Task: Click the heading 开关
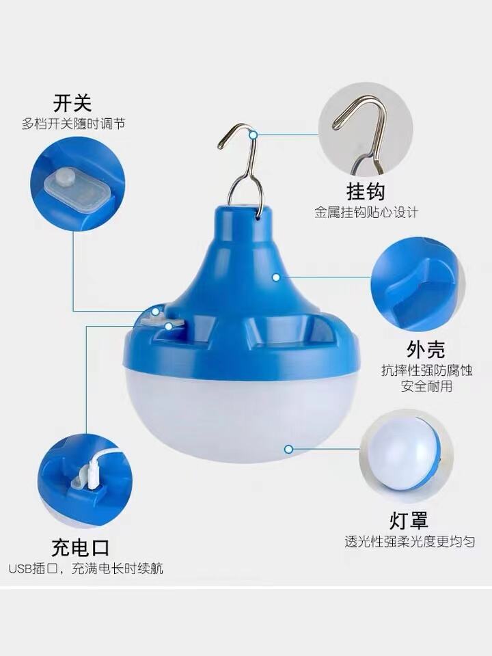[72, 103]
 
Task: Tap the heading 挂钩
[365, 191]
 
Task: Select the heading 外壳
[426, 349]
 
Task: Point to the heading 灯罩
[409, 521]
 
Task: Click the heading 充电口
[81, 547]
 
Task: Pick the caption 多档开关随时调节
[73, 124]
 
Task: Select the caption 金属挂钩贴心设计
[366, 213]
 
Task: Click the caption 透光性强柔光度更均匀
[409, 542]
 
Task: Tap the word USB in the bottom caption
[20, 569]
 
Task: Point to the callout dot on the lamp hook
[253, 135]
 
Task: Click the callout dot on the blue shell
[275, 277]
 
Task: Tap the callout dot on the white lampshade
[288, 450]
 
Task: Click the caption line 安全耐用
[426, 385]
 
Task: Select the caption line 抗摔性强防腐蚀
[426, 370]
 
